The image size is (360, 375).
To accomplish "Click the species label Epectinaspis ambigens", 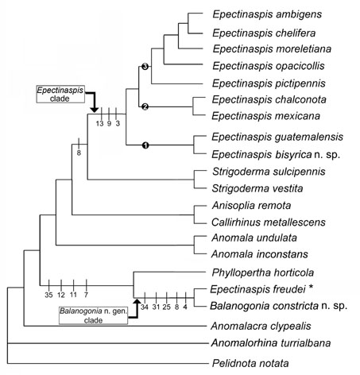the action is pyautogui.click(x=267, y=14).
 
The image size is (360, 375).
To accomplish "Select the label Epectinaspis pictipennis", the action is pyautogui.click(x=269, y=83).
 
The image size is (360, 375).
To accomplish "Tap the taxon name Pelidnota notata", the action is pyautogui.click(x=250, y=363).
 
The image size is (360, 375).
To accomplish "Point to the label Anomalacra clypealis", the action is pyautogui.click(x=261, y=327).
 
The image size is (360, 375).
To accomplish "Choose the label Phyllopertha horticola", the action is pyautogui.click(x=263, y=273).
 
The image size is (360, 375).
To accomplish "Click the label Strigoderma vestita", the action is pyautogui.click(x=257, y=188).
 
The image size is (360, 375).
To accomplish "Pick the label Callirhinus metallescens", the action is pyautogui.click(x=269, y=222).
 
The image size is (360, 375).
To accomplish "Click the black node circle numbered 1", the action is pyautogui.click(x=145, y=145).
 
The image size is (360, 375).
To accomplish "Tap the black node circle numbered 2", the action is pyautogui.click(x=145, y=106).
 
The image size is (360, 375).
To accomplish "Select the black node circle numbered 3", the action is pyautogui.click(x=145, y=67).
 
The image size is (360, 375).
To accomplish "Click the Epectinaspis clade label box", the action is pyautogui.click(x=60, y=94).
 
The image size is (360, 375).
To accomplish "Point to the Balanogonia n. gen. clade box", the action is pyautogui.click(x=93, y=315).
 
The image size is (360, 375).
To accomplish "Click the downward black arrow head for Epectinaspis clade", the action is pyautogui.click(x=94, y=110).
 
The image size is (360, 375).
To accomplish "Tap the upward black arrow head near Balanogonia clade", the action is pyautogui.click(x=137, y=302).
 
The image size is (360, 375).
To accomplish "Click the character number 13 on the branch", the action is pyautogui.click(x=99, y=123).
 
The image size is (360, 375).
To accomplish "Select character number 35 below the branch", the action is pyautogui.click(x=48, y=295).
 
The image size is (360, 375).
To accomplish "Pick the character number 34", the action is pyautogui.click(x=145, y=307).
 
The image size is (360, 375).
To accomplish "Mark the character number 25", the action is pyautogui.click(x=167, y=307).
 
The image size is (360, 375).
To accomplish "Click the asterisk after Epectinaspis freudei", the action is pyautogui.click(x=311, y=288).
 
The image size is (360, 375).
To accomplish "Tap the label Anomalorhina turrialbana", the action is pyautogui.click(x=271, y=343).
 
